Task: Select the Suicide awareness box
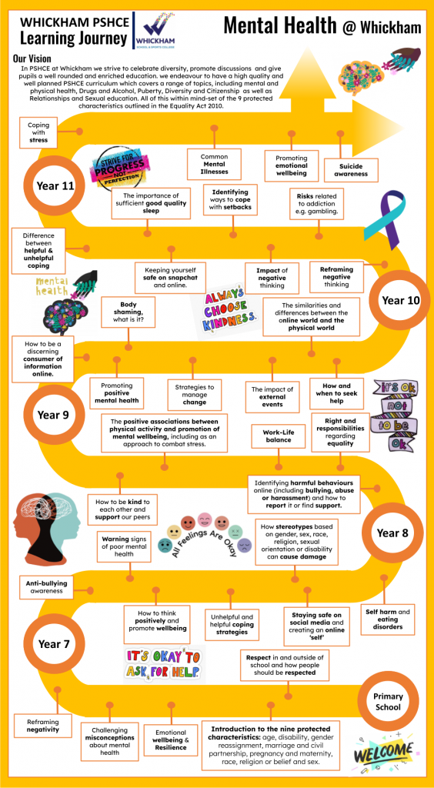351,170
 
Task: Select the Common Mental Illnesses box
215,164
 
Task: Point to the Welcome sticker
386,752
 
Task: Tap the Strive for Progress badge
121,170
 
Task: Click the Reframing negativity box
42,725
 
